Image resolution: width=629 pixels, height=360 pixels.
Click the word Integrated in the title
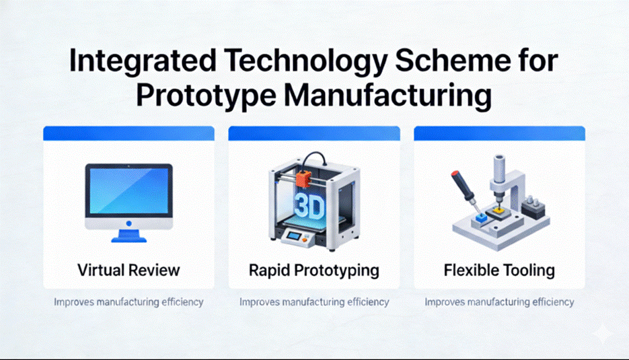(x=143, y=61)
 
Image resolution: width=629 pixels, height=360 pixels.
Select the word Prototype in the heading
(x=206, y=96)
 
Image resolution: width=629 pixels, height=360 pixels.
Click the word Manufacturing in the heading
(x=387, y=96)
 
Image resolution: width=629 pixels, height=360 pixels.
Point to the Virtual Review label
(x=128, y=270)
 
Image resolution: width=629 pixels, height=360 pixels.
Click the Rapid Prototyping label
(x=314, y=271)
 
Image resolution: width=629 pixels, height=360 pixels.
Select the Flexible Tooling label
(x=499, y=270)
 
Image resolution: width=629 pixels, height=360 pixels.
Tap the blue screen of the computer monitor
(x=128, y=190)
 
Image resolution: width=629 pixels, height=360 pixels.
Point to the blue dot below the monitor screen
(x=128, y=223)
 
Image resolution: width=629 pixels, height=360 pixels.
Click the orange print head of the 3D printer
(x=303, y=178)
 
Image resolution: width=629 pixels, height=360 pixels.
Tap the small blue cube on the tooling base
(x=480, y=217)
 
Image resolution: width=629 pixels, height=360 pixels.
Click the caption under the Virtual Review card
(x=128, y=302)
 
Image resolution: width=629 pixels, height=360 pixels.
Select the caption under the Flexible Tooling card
(x=499, y=302)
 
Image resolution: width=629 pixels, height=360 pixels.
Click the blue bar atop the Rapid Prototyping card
(x=314, y=133)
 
